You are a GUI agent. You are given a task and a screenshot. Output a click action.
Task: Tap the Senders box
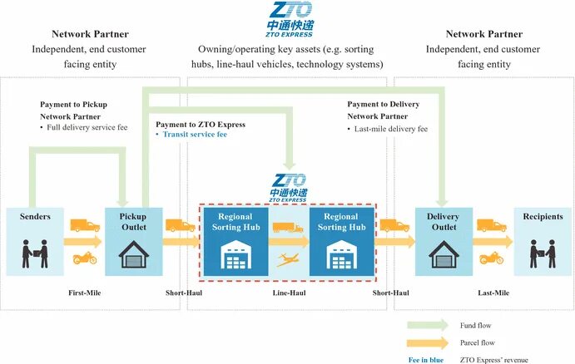(x=35, y=239)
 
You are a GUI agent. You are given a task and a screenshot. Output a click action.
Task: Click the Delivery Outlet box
(x=443, y=239)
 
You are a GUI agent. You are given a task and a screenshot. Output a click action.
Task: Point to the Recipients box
(x=543, y=239)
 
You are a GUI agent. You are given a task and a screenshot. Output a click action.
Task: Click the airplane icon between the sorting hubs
(x=289, y=258)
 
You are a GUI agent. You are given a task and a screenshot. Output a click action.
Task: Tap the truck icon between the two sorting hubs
(x=288, y=227)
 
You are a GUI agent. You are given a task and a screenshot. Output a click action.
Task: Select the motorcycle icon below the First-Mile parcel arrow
(x=84, y=258)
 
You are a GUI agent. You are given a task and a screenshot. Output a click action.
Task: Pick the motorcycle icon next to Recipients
(x=491, y=258)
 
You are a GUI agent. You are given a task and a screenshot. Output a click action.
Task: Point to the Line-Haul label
(x=288, y=293)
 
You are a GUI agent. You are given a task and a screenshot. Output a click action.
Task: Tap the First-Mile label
(x=84, y=293)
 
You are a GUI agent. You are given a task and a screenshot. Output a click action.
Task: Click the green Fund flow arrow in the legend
(x=429, y=325)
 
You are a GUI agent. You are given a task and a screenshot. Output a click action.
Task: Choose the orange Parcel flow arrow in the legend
(x=429, y=342)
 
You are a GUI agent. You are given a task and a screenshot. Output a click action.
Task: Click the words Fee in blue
(x=424, y=358)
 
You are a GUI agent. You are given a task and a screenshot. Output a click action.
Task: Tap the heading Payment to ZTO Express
(x=201, y=125)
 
